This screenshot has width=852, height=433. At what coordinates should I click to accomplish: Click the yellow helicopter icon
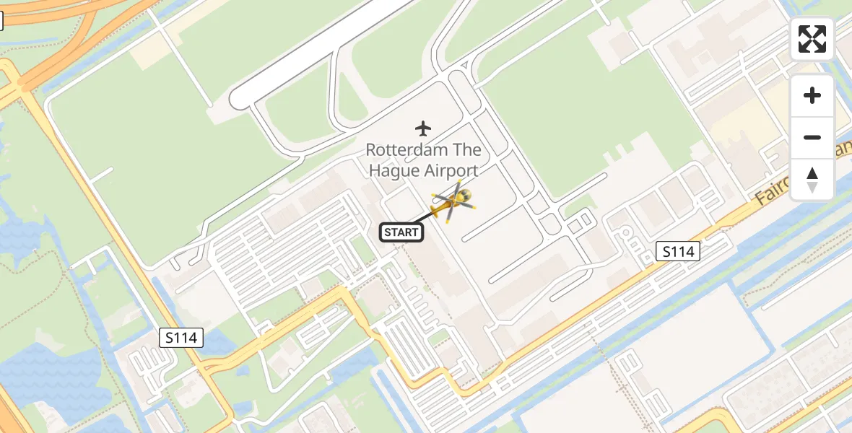pyautogui.click(x=451, y=202)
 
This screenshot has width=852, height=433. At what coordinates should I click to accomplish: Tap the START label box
pyautogui.click(x=401, y=232)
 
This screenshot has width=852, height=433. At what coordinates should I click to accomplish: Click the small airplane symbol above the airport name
pyautogui.click(x=423, y=128)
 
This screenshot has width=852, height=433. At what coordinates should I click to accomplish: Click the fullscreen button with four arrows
pyautogui.click(x=812, y=39)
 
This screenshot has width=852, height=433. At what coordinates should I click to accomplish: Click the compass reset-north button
pyautogui.click(x=812, y=180)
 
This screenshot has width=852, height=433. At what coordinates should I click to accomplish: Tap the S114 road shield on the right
pyautogui.click(x=679, y=251)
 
